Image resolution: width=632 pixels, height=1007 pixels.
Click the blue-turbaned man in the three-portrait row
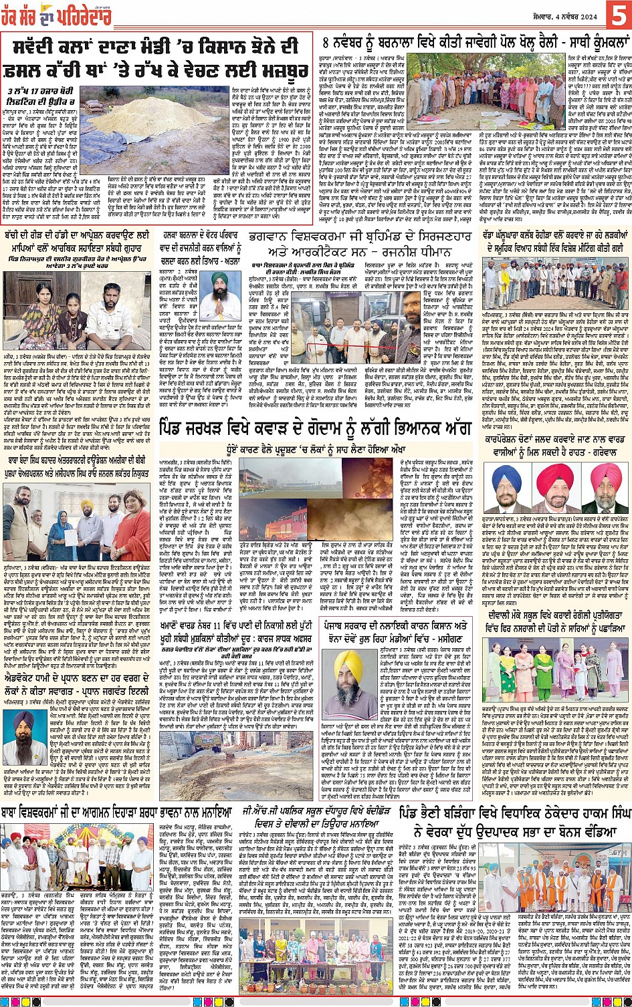[x=507, y=486]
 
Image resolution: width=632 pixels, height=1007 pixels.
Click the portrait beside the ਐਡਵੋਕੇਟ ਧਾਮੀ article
[x=22, y=738]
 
